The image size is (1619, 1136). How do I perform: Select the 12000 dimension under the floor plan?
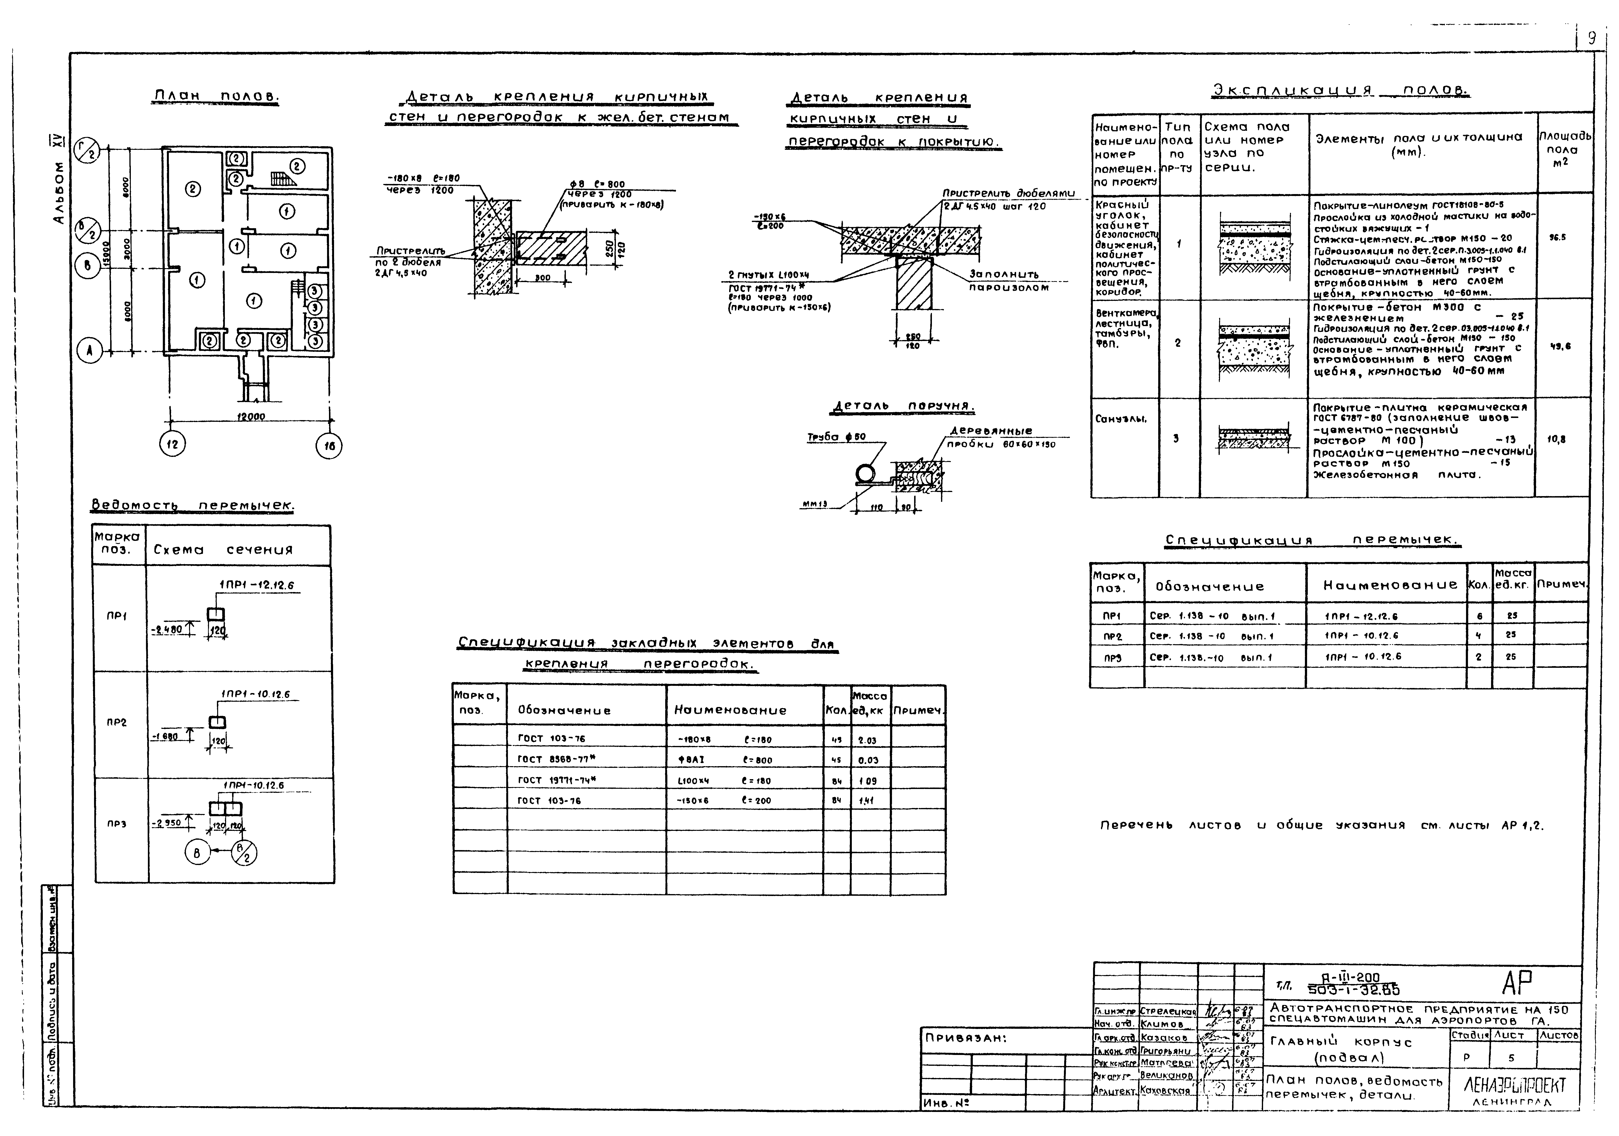(250, 417)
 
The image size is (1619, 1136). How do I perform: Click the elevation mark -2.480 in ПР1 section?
(168, 629)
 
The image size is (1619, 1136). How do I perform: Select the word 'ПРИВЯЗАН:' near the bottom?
(966, 1038)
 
